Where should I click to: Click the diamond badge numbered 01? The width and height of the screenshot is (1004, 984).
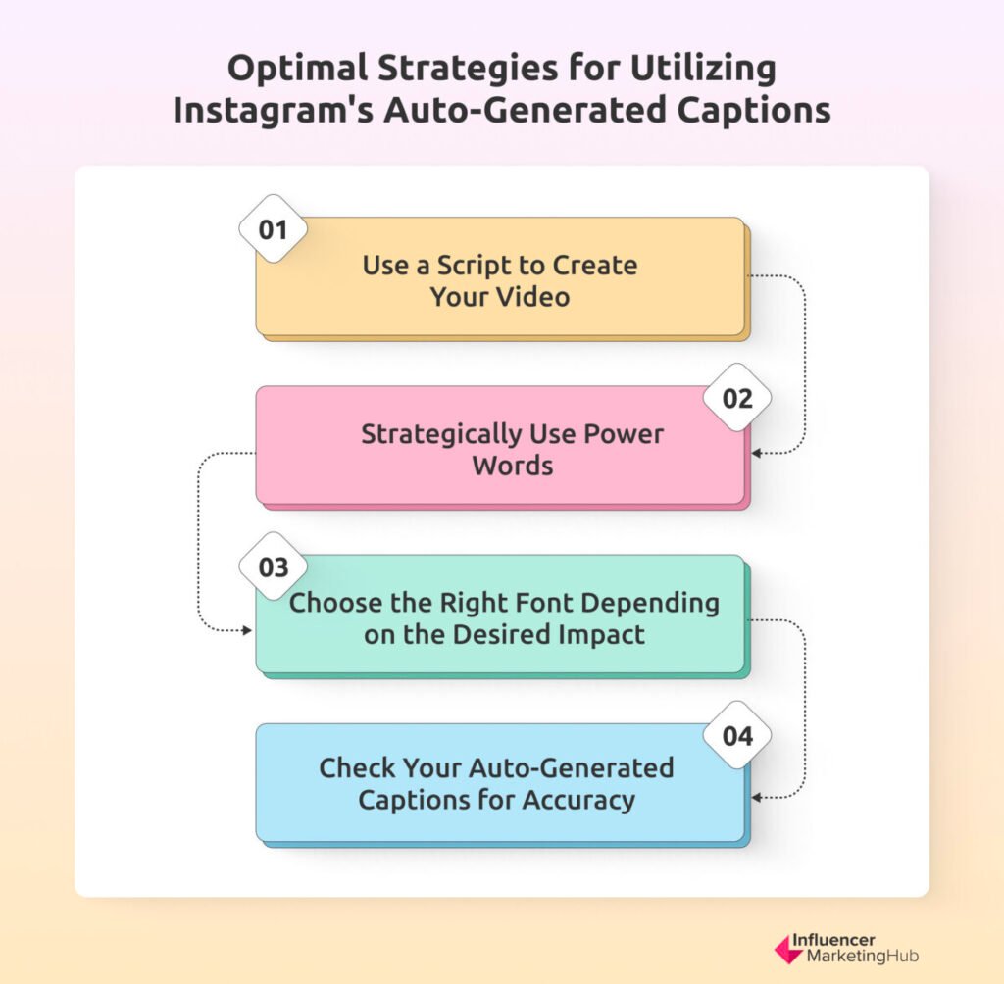pyautogui.click(x=273, y=228)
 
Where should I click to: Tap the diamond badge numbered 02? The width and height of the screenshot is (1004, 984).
pyautogui.click(x=737, y=398)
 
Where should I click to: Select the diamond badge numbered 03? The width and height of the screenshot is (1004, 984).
pyautogui.click(x=273, y=566)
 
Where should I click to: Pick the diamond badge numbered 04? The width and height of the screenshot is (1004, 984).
pyautogui.click(x=737, y=735)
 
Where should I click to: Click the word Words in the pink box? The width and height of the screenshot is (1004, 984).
pyautogui.click(x=512, y=466)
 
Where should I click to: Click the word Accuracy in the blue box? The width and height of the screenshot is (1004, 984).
pyautogui.click(x=578, y=801)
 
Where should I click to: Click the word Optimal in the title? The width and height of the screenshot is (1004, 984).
pyautogui.click(x=298, y=69)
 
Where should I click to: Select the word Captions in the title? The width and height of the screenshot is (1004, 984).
pyautogui.click(x=754, y=110)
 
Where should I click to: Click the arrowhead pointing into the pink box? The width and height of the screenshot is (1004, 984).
pyautogui.click(x=756, y=453)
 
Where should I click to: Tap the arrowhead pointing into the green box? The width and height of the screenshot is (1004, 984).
pyautogui.click(x=246, y=630)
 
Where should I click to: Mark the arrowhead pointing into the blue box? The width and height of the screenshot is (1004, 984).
pyautogui.click(x=756, y=798)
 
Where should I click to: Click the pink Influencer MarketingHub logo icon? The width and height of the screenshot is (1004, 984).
pyautogui.click(x=787, y=949)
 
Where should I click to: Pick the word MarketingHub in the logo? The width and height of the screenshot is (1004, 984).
pyautogui.click(x=863, y=956)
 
